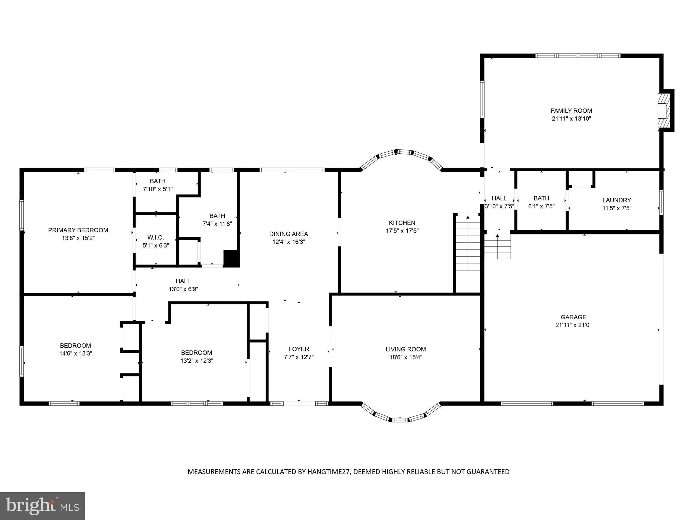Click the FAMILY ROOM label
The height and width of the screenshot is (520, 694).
click(x=571, y=111)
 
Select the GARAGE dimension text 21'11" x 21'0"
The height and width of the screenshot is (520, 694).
click(x=573, y=325)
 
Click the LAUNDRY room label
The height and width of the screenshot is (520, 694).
click(x=616, y=200)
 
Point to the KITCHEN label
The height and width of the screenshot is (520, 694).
click(x=402, y=223)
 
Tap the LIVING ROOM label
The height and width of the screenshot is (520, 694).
click(x=405, y=349)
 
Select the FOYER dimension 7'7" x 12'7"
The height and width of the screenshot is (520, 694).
click(x=299, y=357)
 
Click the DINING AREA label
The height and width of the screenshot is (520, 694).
click(x=288, y=234)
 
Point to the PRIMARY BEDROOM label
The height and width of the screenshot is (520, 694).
click(x=78, y=230)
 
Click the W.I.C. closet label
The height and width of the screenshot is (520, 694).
click(x=156, y=238)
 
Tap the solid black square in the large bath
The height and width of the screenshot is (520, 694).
click(x=231, y=259)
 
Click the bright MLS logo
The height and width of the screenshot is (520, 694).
click(x=42, y=506)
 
